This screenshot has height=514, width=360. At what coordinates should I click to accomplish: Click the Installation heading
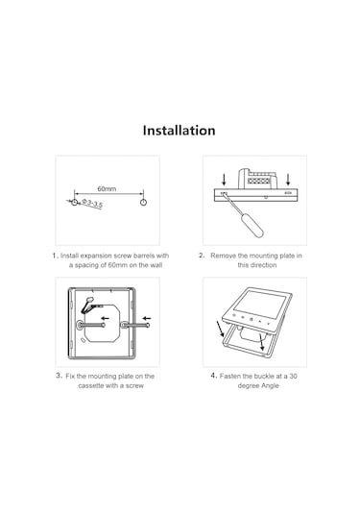[180, 131]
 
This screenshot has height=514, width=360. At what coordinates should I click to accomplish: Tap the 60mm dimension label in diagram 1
[107, 189]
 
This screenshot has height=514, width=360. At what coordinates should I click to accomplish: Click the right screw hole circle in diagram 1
[143, 202]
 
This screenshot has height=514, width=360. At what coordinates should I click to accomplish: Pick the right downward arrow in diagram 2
[288, 178]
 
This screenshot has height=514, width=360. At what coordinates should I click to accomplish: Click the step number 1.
[56, 256]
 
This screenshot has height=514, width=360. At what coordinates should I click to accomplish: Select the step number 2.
[202, 256]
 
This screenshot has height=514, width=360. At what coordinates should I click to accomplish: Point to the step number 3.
[59, 376]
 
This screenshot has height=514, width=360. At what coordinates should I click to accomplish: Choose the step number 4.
[213, 376]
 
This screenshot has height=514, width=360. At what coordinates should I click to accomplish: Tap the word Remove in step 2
[224, 256]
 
